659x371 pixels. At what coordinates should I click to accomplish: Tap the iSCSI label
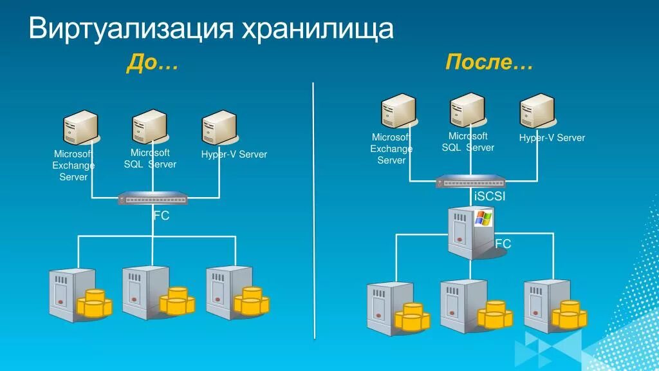tap(489, 196)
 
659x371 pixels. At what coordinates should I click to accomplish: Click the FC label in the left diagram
tap(161, 216)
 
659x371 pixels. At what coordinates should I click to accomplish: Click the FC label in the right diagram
tap(503, 243)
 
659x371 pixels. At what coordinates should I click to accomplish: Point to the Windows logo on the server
tap(483, 217)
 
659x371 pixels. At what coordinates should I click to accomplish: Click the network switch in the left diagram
tap(153, 199)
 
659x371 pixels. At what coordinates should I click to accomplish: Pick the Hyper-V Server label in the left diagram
tap(234, 155)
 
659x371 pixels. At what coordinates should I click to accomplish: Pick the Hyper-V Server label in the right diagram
tap(552, 138)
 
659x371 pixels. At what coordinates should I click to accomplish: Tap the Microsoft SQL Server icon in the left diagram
tap(149, 127)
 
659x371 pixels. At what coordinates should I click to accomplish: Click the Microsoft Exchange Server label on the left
tap(73, 166)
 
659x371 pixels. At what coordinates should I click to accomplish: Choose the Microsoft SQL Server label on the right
tap(468, 142)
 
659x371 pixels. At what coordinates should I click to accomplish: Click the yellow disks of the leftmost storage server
tap(94, 303)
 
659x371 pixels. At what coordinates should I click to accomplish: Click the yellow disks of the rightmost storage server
tap(569, 314)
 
